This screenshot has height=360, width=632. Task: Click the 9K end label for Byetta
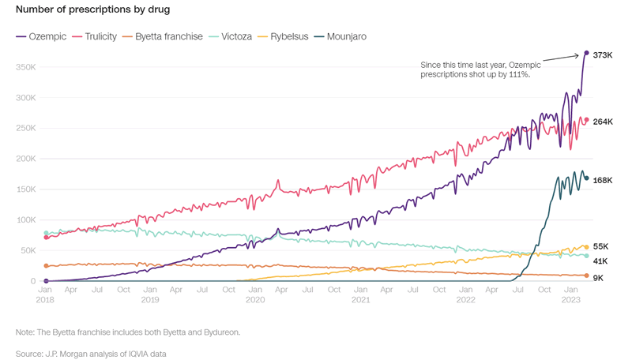click(598, 277)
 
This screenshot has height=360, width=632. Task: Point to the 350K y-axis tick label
click(26, 68)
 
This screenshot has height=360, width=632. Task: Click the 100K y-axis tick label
click(26, 220)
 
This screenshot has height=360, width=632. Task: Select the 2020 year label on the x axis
click(255, 300)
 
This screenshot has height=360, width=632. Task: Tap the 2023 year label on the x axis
click(571, 300)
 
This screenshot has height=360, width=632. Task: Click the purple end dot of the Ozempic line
click(586, 53)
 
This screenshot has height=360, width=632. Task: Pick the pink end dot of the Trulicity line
click(586, 120)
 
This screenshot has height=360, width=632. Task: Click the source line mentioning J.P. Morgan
click(91, 353)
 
